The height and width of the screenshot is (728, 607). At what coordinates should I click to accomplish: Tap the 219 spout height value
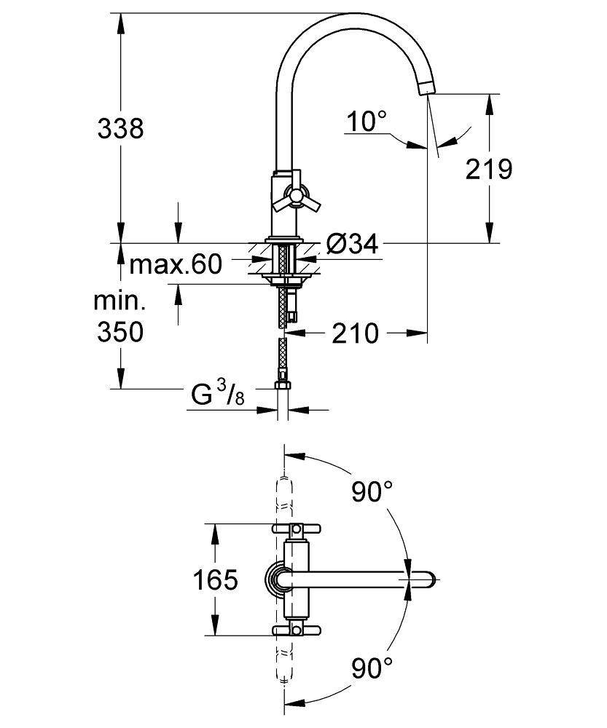coord(489,170)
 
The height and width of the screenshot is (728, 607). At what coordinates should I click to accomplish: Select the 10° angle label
coord(367,121)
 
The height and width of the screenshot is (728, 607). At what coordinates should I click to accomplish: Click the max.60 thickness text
coord(175,264)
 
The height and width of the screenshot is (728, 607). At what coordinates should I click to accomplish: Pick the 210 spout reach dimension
coord(356,333)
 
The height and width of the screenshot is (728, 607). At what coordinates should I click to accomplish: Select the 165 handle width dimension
coord(215,580)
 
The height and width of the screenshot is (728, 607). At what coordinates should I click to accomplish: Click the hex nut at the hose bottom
coord(282,386)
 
